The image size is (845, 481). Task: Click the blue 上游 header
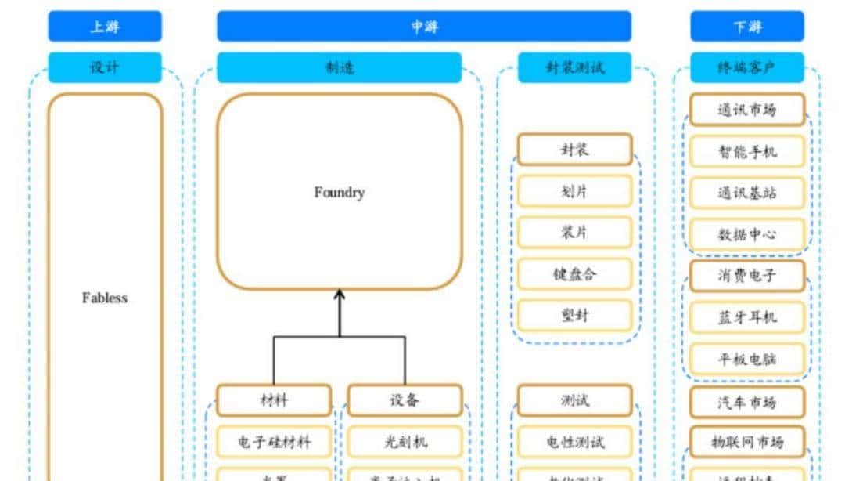click(105, 26)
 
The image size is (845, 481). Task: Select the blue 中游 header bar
click(424, 26)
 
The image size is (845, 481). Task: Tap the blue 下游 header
click(746, 26)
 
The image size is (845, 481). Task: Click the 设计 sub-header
click(105, 67)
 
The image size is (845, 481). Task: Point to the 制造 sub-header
click(339, 67)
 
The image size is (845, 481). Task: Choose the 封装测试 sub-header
click(574, 67)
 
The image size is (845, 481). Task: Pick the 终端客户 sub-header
click(746, 67)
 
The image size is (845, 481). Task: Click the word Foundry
click(339, 192)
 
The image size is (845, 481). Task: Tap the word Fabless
click(105, 298)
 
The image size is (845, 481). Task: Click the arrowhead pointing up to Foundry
click(340, 295)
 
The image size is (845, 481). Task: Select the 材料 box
click(274, 400)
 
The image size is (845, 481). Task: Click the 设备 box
click(405, 400)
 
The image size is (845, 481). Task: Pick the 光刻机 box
click(405, 442)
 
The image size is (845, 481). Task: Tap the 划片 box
click(574, 191)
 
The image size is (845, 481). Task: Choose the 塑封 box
click(574, 315)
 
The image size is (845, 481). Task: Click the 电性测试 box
click(574, 442)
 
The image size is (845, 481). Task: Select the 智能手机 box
click(746, 151)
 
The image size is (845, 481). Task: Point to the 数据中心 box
click(746, 234)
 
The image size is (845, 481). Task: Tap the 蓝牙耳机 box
click(746, 317)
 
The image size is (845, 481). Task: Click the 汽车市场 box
click(746, 402)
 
